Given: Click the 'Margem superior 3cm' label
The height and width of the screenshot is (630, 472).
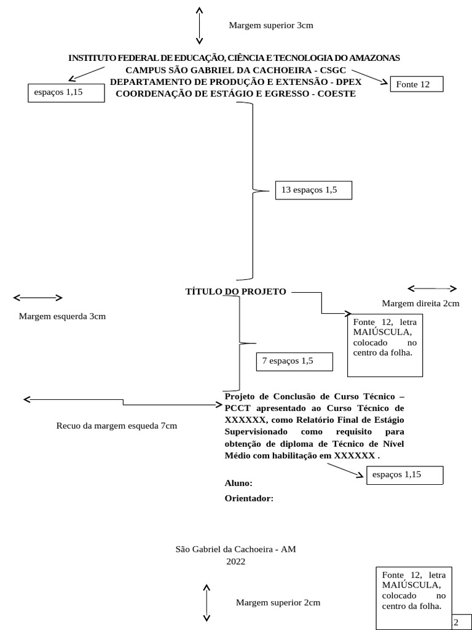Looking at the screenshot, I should [x=271, y=25].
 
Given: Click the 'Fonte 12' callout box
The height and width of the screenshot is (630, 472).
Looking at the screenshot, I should [x=416, y=84].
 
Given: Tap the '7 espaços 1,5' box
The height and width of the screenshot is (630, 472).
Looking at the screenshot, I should [x=294, y=362].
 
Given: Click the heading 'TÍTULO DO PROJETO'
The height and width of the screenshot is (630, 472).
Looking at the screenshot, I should [x=236, y=292].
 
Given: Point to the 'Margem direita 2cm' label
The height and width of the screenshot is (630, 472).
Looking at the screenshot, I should [x=421, y=303].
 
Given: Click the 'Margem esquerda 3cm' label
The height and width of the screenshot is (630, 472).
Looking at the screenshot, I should [x=62, y=316].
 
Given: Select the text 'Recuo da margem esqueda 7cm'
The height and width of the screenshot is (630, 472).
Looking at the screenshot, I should [x=116, y=426].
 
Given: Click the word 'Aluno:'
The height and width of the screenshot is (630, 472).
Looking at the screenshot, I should [x=238, y=484].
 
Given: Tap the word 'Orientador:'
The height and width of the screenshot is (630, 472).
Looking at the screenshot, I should [x=250, y=498].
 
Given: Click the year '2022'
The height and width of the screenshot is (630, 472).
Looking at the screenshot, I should [x=236, y=561].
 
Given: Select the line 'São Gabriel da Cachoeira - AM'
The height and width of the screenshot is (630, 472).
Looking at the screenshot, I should [x=236, y=549].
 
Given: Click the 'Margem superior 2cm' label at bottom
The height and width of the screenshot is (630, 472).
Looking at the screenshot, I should [x=278, y=602].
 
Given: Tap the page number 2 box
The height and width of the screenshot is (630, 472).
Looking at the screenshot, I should [x=459, y=622].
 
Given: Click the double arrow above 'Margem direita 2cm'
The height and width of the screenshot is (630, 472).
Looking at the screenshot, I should [x=432, y=289].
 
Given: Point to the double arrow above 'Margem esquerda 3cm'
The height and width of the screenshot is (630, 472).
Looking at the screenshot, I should [x=38, y=298].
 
